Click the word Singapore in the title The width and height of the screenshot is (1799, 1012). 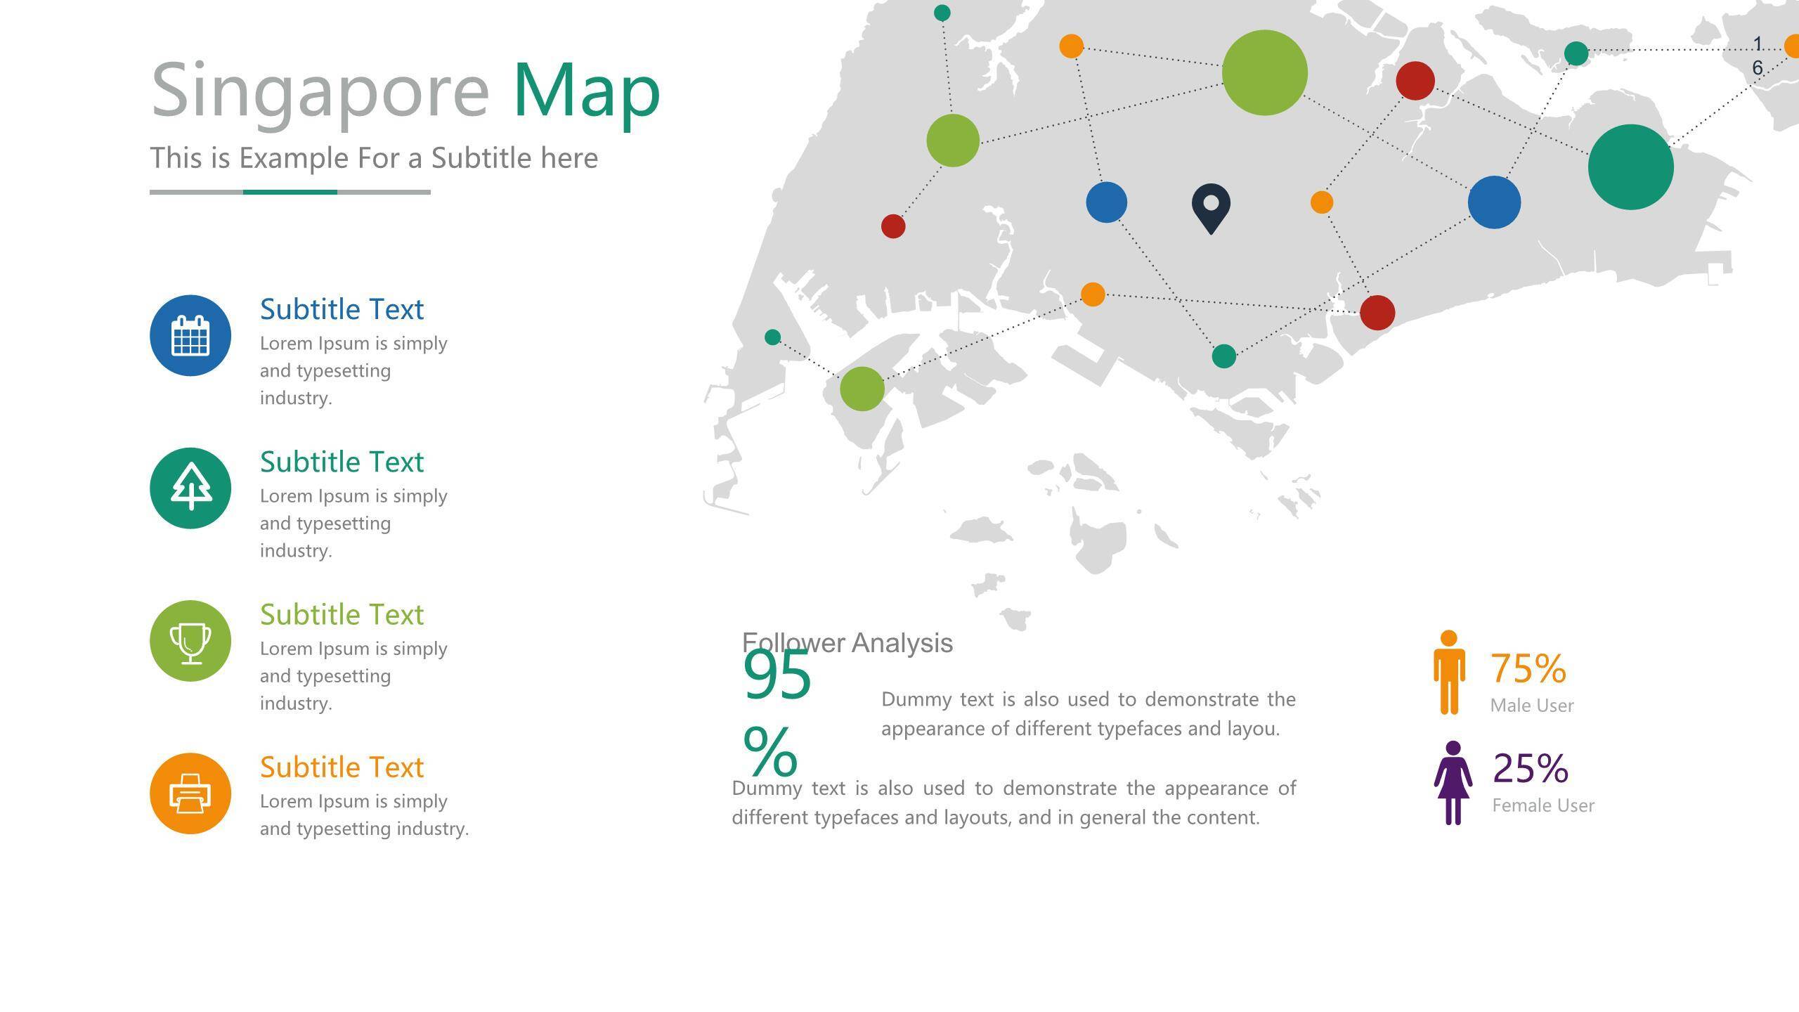[320, 91]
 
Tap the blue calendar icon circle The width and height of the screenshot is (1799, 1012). [190, 335]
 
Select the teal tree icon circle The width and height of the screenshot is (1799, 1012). [190, 488]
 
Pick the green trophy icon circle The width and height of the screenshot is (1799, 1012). [190, 640]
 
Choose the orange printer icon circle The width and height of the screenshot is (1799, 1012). [190, 793]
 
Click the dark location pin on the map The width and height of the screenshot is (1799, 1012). [1211, 208]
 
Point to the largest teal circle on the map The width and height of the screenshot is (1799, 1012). [1630, 167]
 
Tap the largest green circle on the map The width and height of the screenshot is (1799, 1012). [1264, 72]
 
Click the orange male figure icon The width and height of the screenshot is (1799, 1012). [1449, 673]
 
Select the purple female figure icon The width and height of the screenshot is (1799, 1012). [1453, 782]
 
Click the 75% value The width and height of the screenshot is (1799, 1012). [1528, 668]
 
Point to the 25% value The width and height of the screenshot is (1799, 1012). [1531, 767]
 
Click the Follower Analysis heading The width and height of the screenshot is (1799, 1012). [847, 642]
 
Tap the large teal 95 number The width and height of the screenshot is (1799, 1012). [777, 675]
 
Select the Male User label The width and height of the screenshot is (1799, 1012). [1532, 705]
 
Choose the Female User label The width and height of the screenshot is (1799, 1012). [1543, 805]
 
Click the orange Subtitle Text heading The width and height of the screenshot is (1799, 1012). [342, 767]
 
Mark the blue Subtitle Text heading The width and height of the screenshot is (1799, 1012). [342, 309]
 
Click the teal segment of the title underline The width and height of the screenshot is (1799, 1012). [290, 192]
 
